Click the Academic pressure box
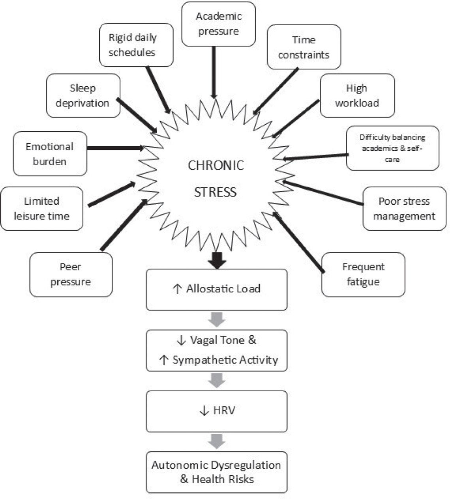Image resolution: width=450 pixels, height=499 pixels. coord(218,24)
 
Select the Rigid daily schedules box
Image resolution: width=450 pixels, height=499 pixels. coord(136,45)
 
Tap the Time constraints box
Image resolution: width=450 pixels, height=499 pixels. coord(304,47)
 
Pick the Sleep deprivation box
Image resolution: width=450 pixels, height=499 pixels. coord(83,95)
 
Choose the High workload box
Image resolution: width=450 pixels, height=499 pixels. coord(357,95)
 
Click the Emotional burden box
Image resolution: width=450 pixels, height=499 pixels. coord(50,154)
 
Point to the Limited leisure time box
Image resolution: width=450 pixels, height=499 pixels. coord(41,209)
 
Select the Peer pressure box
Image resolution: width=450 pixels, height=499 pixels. coord(71,275)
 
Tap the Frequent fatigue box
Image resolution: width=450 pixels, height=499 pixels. coord(363,275)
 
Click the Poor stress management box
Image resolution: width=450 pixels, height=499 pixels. coord(404,209)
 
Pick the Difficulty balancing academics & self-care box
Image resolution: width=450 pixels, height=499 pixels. coord(392,148)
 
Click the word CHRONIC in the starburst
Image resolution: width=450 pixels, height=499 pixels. coord(216,165)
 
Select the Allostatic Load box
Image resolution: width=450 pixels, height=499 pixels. coord(216,289)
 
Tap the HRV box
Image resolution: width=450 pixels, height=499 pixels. coord(216,411)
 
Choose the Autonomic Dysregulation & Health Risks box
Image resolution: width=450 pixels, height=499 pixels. coord(216,472)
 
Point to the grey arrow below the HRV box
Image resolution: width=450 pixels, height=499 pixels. coord(216,441)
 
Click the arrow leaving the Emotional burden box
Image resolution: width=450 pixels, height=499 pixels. coord(114,148)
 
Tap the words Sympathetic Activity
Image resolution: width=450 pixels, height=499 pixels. coord(225,360)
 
